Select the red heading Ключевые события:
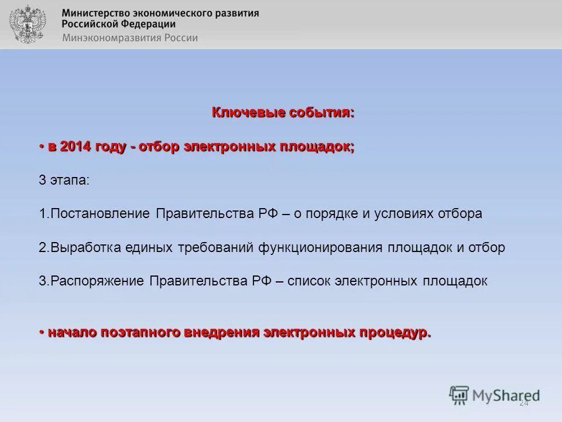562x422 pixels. click(283, 112)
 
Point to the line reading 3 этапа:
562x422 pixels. click(64, 180)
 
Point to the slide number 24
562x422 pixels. click(523, 403)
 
